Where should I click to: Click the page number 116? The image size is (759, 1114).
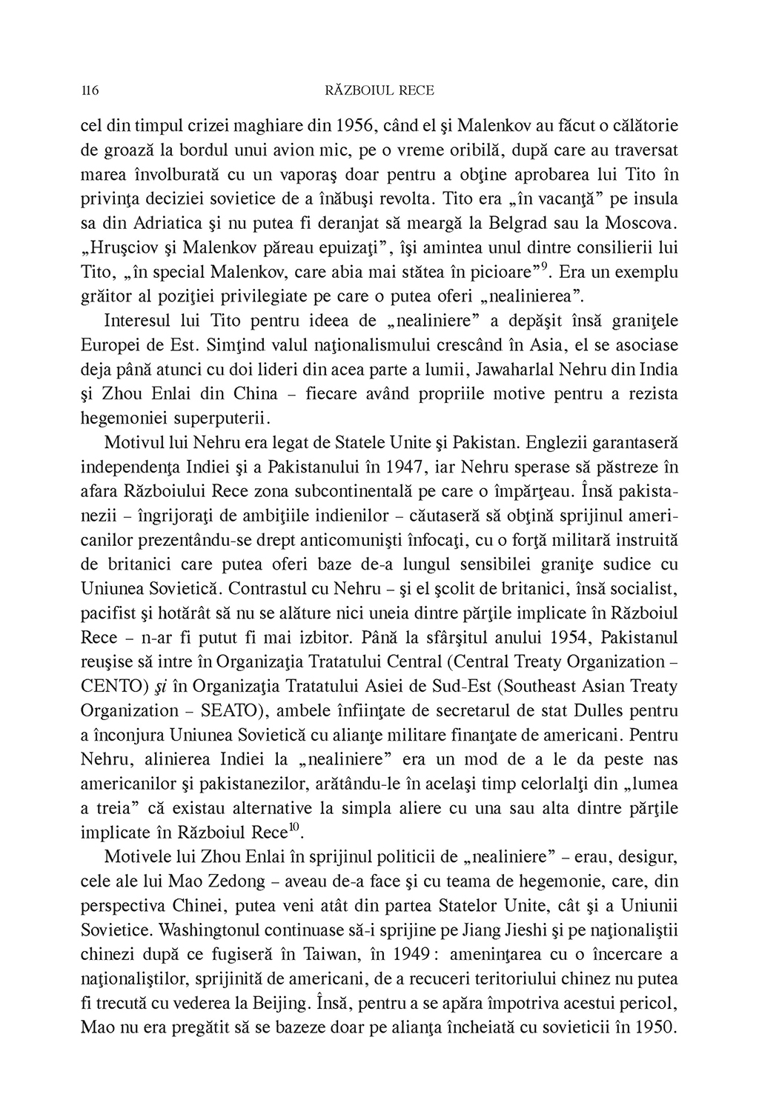coord(89,91)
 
